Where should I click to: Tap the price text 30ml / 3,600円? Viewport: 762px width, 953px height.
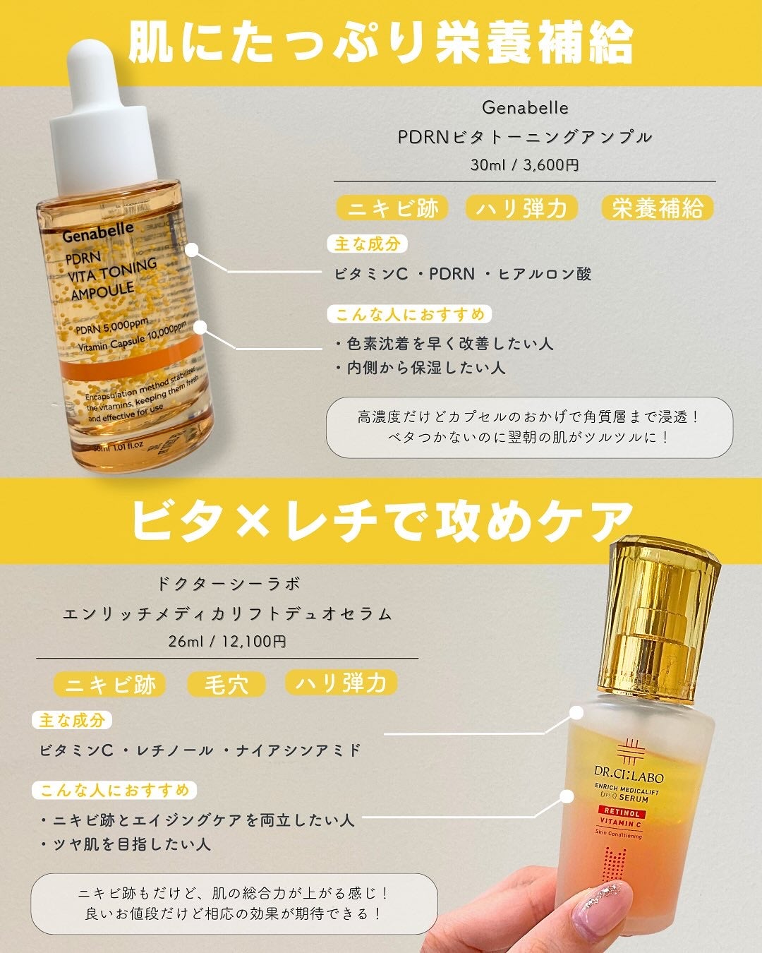[525, 165]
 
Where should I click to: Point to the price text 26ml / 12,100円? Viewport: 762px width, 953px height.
[227, 642]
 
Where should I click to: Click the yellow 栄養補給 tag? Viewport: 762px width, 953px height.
[657, 208]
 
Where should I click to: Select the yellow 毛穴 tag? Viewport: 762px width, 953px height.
[226, 684]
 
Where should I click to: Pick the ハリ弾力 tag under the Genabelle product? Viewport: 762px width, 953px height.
[521, 208]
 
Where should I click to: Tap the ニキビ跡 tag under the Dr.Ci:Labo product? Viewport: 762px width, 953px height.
[110, 684]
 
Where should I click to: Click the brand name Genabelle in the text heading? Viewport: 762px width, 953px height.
[525, 108]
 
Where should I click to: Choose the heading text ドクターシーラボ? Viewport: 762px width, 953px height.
[227, 585]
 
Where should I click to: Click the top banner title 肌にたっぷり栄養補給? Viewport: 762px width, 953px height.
[381, 42]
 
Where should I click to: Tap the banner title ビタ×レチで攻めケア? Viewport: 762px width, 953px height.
[381, 522]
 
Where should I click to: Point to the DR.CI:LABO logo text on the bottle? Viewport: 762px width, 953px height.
[629, 777]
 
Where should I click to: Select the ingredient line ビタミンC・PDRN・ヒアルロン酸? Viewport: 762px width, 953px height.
[463, 274]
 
